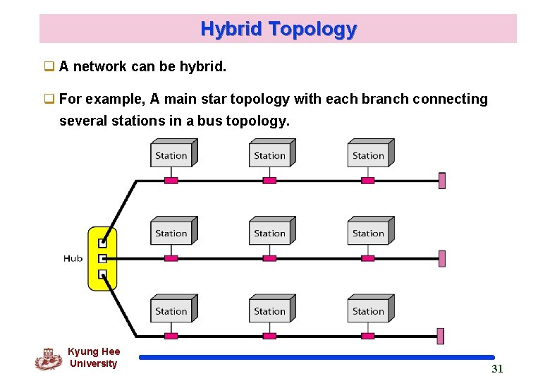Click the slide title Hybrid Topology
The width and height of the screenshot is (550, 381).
click(x=279, y=29)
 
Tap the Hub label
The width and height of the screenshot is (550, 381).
click(x=73, y=258)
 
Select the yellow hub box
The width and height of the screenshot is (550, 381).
click(x=102, y=258)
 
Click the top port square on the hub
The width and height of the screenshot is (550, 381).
click(x=102, y=243)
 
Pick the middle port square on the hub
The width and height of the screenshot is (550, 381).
click(x=102, y=258)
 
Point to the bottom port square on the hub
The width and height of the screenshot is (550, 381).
click(x=102, y=274)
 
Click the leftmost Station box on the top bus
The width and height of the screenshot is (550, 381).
click(x=172, y=155)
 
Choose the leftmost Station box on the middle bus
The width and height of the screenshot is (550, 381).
click(x=172, y=232)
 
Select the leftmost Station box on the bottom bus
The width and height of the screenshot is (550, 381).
click(x=172, y=310)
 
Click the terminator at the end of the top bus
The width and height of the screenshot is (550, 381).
click(x=442, y=181)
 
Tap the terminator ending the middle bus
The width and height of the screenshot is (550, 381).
click(x=442, y=258)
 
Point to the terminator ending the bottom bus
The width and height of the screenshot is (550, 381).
click(x=441, y=336)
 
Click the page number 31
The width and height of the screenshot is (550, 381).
click(x=497, y=369)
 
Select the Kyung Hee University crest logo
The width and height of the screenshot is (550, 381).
click(x=48, y=359)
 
